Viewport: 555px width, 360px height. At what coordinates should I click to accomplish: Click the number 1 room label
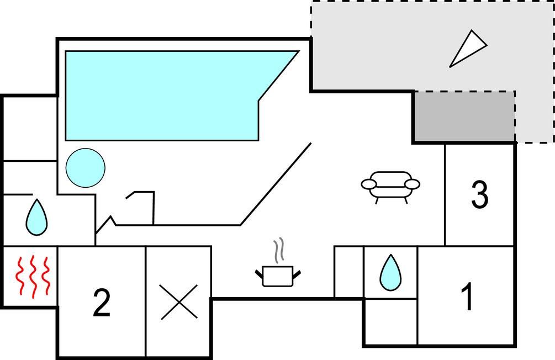coord(467,297)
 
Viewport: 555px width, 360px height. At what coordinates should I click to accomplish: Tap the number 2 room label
coord(102,303)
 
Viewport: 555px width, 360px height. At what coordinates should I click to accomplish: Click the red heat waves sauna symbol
coord(32,277)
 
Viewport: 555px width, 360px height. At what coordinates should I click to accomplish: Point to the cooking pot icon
coord(278,276)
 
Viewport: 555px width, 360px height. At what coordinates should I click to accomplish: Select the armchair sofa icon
coord(390,187)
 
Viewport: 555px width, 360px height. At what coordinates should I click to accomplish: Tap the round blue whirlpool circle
coord(85,168)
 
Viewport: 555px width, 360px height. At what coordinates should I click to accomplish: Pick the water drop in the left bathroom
coord(36,218)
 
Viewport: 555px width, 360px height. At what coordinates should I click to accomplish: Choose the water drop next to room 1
coord(390,273)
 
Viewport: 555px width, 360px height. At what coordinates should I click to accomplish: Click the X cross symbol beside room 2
coord(179,302)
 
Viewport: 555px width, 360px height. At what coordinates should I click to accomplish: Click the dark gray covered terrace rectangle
coord(464,116)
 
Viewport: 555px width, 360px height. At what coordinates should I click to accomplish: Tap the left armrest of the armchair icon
coord(369,184)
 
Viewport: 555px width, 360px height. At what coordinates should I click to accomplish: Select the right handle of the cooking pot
coord(297,274)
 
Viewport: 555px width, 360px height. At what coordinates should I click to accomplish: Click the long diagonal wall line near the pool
coord(276,184)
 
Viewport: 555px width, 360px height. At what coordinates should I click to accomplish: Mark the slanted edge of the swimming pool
coord(279,76)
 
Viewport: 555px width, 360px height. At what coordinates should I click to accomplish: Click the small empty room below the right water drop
coord(391,322)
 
